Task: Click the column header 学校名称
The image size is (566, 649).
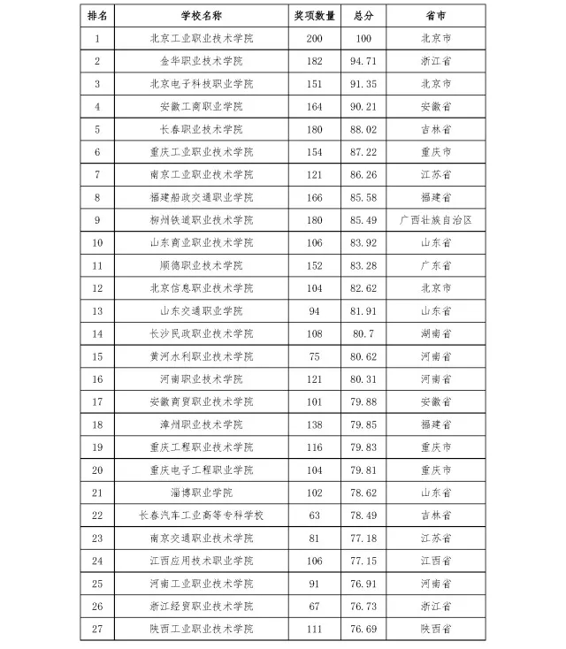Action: coord(202,15)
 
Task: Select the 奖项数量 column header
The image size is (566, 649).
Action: coord(314,15)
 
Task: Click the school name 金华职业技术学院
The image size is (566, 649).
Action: coord(202,61)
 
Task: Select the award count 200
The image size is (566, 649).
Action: coord(314,38)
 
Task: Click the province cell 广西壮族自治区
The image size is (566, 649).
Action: coord(435,220)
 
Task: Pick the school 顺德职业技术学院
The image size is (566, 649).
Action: coord(202,265)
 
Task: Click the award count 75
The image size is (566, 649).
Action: coord(314,356)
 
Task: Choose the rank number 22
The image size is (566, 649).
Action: coord(97,515)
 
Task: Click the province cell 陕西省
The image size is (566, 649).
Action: coord(435,629)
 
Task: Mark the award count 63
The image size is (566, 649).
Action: coord(314,515)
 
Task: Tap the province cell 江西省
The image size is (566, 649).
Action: coord(435,561)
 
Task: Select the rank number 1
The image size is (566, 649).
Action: coord(97,38)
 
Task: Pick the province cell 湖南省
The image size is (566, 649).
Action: coord(435,333)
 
